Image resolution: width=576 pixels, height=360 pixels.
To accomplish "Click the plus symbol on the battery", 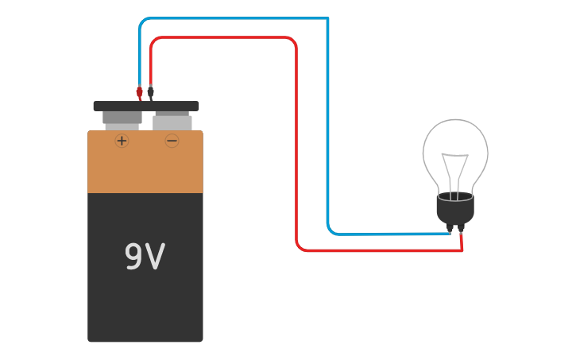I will tap(122, 141).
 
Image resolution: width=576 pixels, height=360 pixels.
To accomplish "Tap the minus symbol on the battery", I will tap(172, 141).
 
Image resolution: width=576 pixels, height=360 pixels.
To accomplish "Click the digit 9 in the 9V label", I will tap(133, 257).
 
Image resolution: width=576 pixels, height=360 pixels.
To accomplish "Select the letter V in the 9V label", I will tap(156, 257).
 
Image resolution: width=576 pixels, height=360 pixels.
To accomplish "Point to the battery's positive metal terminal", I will tap(122, 119).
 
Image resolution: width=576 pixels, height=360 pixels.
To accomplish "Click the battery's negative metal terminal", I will tap(172, 122).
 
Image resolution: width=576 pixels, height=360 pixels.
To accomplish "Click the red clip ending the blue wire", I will tap(140, 92).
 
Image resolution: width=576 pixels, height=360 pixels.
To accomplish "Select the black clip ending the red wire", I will tap(151, 92).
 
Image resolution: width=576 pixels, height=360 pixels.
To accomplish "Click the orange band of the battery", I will tap(145, 163).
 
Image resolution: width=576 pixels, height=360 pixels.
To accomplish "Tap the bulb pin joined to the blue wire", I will tap(450, 229).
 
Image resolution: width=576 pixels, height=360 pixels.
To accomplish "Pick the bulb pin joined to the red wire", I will tap(461, 229).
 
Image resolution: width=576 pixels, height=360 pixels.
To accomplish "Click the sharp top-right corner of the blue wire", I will tap(327, 18).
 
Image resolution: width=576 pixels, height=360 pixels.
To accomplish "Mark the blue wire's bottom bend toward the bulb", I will tap(331, 230).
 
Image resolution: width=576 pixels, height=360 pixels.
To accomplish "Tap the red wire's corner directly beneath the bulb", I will tap(462, 250).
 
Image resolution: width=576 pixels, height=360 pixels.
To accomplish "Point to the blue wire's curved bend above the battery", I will tap(142, 21).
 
